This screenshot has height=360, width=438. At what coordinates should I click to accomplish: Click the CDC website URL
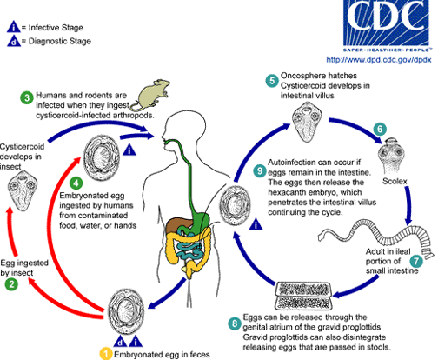379,59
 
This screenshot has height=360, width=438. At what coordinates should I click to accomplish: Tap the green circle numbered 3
27,97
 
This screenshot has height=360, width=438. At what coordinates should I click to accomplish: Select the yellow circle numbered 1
106,354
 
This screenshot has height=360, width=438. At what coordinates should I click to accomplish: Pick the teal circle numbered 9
260,171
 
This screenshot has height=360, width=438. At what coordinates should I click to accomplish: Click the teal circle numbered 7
416,261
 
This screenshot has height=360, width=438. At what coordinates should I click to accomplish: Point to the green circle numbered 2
11,283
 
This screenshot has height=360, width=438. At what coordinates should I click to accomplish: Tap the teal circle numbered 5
272,80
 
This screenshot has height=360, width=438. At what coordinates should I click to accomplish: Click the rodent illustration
149,95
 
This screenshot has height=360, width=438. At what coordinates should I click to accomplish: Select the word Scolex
395,181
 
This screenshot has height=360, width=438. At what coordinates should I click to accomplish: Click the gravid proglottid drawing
303,296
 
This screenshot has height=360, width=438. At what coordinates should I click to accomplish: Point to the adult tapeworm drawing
376,238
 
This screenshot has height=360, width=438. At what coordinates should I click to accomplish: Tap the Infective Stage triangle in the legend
14,27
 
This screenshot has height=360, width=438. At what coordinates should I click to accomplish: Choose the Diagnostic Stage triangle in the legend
14,41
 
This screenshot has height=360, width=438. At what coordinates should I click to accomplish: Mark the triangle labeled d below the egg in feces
120,342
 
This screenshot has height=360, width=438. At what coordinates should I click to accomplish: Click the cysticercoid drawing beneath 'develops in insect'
23,191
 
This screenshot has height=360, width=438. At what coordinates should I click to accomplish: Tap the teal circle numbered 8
235,323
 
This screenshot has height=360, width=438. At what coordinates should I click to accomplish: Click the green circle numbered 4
76,183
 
